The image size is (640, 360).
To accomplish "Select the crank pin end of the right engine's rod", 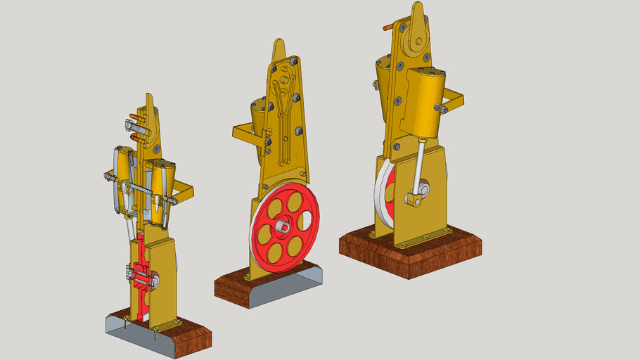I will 414,200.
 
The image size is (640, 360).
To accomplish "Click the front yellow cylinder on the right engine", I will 429,105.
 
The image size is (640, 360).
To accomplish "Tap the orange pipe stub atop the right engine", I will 388,28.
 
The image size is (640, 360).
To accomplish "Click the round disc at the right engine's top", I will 415,39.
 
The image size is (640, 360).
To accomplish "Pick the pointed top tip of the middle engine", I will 279,46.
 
